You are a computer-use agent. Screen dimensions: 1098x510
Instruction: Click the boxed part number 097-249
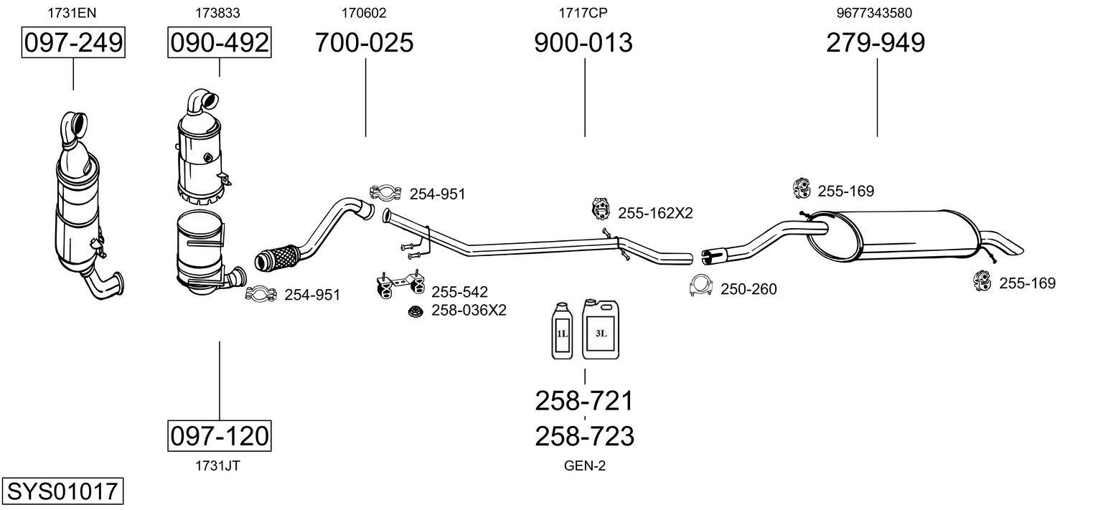(73, 42)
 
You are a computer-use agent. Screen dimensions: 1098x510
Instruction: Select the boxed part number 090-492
(219, 42)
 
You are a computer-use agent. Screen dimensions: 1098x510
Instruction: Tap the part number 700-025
(364, 42)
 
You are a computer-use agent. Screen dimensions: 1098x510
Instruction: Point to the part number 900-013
(583, 42)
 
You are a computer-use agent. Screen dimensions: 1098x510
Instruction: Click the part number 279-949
(876, 42)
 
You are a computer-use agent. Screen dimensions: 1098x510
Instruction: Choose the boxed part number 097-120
(219, 435)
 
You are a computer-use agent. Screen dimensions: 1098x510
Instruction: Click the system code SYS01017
(62, 491)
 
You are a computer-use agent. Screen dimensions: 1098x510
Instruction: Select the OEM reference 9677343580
(874, 13)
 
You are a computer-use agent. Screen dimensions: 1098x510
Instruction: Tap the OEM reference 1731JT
(217, 466)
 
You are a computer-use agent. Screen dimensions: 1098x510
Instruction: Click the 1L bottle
(562, 331)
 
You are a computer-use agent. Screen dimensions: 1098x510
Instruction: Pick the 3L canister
(601, 329)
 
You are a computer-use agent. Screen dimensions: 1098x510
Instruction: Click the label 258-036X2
(469, 310)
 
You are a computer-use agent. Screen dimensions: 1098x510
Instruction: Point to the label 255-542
(459, 292)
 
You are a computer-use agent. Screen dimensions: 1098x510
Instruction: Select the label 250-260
(749, 289)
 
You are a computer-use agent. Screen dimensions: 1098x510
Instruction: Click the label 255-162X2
(655, 213)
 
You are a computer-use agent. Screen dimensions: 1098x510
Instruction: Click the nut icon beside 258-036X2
(416, 311)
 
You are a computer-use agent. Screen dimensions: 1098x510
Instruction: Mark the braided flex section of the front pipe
(278, 258)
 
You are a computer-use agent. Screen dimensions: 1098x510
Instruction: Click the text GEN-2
(585, 466)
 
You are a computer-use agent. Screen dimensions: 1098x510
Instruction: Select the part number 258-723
(584, 436)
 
